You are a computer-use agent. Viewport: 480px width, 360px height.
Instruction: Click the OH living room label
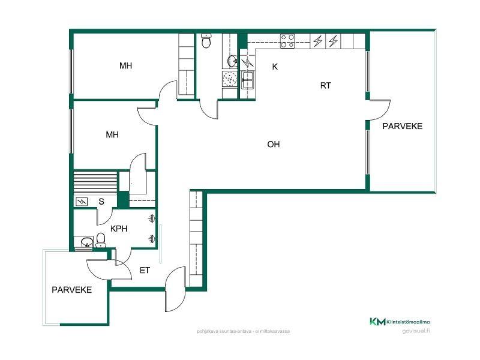(274, 144)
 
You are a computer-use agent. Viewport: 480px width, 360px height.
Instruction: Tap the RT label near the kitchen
(325, 86)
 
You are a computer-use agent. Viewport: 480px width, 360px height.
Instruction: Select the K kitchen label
(275, 67)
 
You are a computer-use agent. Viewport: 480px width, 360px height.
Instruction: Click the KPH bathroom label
(119, 229)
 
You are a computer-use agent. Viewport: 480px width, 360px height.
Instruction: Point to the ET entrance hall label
(145, 271)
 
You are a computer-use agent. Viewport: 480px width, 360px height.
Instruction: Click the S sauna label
(101, 202)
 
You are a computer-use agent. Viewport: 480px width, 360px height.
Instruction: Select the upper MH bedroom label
(125, 65)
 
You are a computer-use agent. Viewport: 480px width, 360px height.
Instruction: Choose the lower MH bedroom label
(112, 134)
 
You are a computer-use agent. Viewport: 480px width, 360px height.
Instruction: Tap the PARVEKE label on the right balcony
(402, 126)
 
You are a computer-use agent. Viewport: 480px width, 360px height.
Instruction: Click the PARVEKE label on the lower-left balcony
(71, 290)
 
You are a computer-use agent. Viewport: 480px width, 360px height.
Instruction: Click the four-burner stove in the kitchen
(288, 41)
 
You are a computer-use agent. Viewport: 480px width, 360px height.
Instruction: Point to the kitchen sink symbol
(247, 80)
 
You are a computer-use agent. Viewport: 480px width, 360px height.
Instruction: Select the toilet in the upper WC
(206, 41)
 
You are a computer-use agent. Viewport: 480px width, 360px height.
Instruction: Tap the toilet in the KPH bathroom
(100, 240)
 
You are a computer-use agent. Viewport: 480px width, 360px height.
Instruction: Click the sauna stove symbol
(82, 202)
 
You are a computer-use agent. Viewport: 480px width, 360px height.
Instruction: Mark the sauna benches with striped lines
(95, 182)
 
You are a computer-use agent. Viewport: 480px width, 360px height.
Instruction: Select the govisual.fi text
(416, 331)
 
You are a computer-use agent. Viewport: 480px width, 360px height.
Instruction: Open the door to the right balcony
(379, 110)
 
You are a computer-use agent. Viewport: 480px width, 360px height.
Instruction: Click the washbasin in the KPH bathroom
(87, 242)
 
